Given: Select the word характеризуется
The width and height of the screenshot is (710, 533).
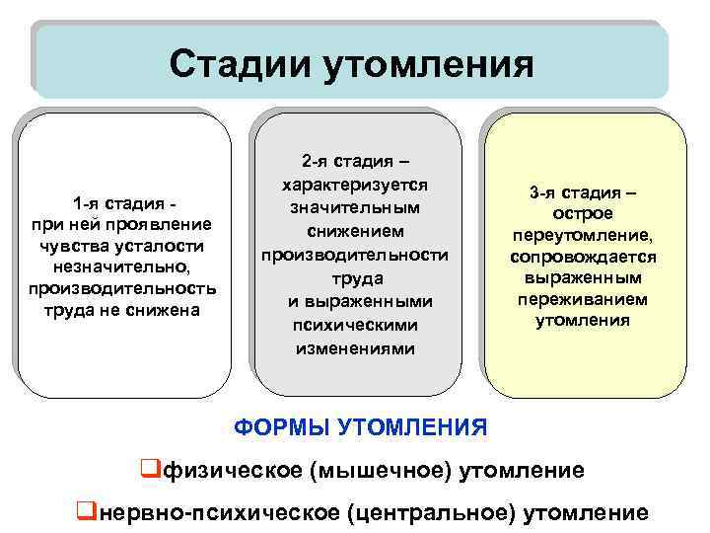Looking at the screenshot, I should click(x=354, y=185).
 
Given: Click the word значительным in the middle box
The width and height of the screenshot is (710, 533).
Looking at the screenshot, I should click(x=354, y=208).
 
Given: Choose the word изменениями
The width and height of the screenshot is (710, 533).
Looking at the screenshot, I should click(x=354, y=348).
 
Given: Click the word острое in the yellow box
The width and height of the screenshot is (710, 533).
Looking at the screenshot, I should click(x=584, y=214).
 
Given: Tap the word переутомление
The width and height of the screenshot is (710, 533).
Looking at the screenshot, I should click(x=583, y=236).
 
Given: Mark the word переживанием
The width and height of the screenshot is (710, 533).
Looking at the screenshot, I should click(x=583, y=299).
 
